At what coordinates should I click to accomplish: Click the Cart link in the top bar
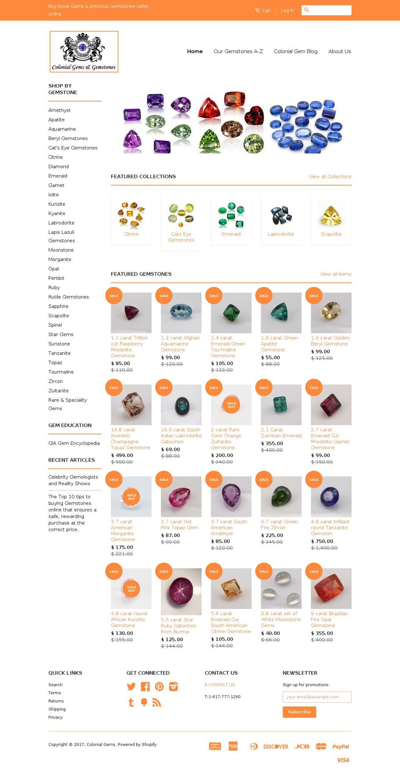(263, 10)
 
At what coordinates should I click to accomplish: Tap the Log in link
(287, 10)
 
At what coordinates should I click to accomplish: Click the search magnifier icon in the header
(307, 10)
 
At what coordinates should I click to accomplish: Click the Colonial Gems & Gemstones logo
(84, 52)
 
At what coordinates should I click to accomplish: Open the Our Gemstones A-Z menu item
(238, 51)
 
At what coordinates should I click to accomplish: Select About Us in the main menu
(339, 51)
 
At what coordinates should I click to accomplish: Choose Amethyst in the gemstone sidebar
(59, 110)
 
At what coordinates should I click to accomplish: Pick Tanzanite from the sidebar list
(59, 353)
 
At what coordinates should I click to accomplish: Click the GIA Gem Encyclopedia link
(74, 443)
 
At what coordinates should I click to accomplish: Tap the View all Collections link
(330, 177)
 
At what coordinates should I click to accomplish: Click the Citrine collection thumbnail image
(131, 215)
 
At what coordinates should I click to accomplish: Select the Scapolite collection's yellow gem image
(331, 215)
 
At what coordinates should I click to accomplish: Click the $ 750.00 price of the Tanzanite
(322, 541)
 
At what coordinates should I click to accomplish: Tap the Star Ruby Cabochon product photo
(181, 588)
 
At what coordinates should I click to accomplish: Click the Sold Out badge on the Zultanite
(231, 405)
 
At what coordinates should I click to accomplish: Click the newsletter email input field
(317, 697)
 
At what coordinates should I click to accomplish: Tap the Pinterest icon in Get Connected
(159, 686)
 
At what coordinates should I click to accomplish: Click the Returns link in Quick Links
(56, 701)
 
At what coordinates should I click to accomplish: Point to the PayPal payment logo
(340, 746)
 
